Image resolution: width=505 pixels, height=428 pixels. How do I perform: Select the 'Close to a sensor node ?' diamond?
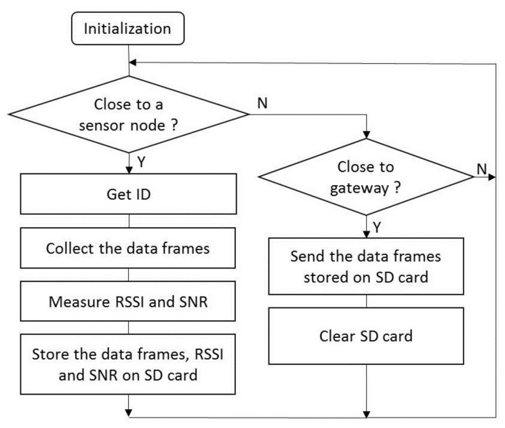(x=128, y=114)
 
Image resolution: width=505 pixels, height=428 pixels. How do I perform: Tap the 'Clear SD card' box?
(x=367, y=334)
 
